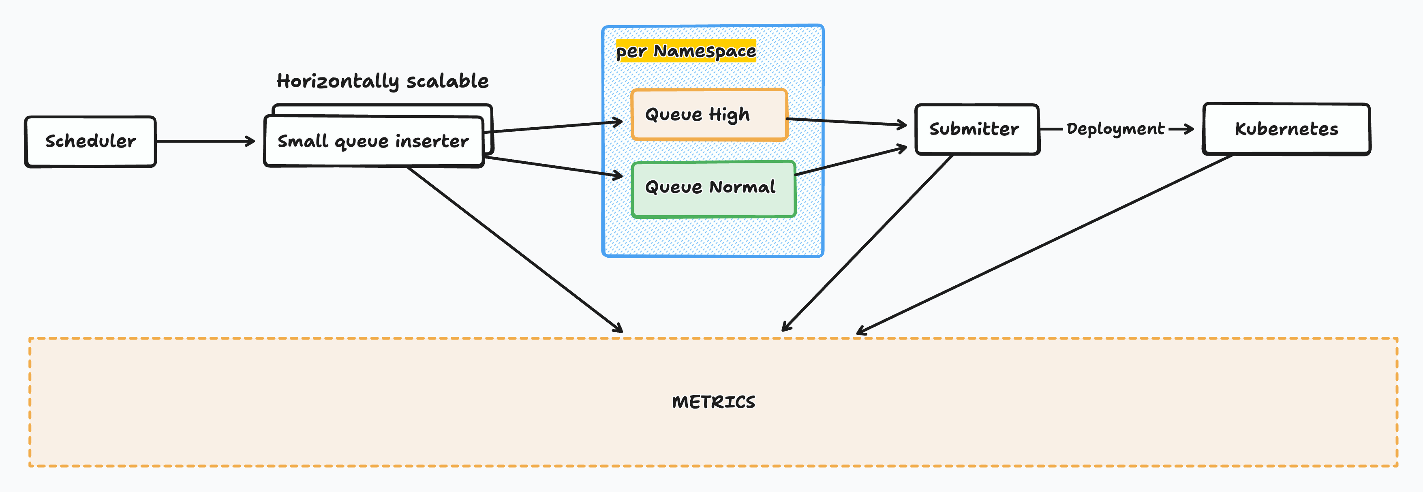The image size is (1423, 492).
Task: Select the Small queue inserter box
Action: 373,141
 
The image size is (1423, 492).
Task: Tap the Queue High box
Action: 709,114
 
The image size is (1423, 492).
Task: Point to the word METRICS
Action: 713,402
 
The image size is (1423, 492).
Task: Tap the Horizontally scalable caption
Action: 382,81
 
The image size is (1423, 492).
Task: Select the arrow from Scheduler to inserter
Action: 204,141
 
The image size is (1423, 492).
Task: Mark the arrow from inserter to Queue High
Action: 555,126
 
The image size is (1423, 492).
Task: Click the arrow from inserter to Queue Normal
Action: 552,167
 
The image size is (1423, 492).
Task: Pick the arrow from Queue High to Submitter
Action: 845,122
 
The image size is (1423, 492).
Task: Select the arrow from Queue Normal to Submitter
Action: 851,161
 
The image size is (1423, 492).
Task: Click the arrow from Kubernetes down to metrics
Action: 1044,245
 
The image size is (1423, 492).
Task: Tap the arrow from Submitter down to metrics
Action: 867,243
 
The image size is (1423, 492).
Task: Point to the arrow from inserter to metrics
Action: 514,248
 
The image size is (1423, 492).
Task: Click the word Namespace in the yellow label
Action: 704,51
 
